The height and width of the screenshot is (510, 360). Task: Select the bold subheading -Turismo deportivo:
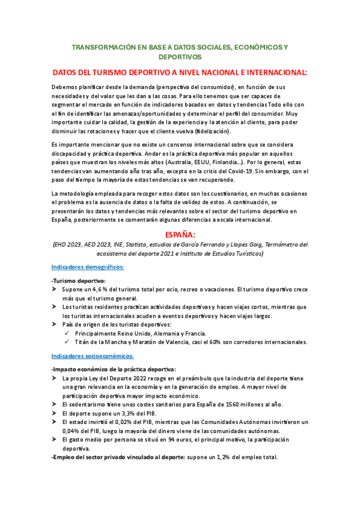[x=79, y=281]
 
